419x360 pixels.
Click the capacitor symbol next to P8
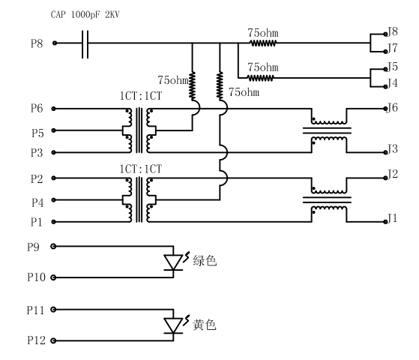point(85,44)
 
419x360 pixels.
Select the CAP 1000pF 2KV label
point(85,14)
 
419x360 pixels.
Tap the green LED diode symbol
point(173,262)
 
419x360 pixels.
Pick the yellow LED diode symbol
point(173,325)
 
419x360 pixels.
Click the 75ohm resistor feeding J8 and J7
point(263,43)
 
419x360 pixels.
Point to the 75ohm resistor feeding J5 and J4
point(261,78)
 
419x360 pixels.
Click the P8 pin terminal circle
point(55,43)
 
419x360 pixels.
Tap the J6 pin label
point(393,107)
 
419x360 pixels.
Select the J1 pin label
point(393,218)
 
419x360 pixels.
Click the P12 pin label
point(36,340)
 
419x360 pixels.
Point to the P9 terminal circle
point(53,246)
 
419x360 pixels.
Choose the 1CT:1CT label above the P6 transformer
point(141,96)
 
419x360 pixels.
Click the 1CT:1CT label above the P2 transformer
point(141,169)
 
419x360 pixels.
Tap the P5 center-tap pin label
point(37,133)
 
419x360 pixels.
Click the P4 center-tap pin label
point(37,202)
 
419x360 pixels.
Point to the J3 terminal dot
point(385,152)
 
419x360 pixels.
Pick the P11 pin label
point(35,310)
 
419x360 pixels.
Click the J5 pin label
point(393,67)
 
